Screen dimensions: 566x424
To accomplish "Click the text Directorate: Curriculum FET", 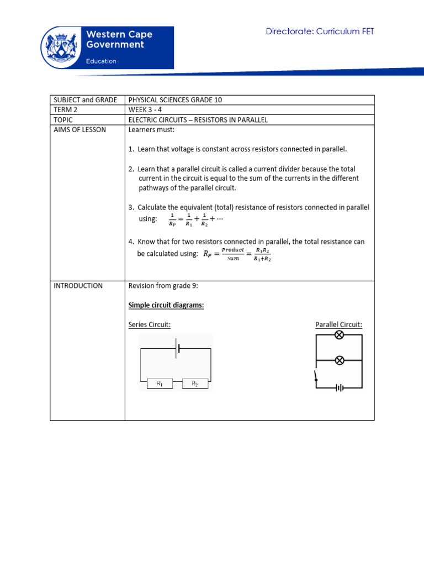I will coord(320,32).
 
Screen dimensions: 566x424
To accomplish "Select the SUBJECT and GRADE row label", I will coord(85,100).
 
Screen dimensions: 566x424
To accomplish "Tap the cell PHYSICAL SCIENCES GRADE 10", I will coord(175,100).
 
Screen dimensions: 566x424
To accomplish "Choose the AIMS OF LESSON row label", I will coord(79,130).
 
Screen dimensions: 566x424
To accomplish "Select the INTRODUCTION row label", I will coord(78,286).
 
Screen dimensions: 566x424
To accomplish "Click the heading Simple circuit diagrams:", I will coord(166,305).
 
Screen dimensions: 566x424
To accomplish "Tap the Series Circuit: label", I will coord(150,324).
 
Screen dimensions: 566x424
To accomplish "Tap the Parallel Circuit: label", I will coord(338,324).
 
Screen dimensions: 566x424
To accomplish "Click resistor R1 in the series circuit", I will coord(159,383).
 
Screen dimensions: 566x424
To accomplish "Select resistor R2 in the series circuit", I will coord(194,383).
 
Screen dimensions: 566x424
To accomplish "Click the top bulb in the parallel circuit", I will coord(340,335).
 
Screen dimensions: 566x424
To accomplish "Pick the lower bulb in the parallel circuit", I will coord(340,360).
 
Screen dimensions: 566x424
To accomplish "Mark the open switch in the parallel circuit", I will coord(316,376).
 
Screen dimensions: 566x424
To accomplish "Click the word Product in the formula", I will coord(232,250).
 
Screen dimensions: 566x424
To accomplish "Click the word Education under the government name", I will coord(101,61).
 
